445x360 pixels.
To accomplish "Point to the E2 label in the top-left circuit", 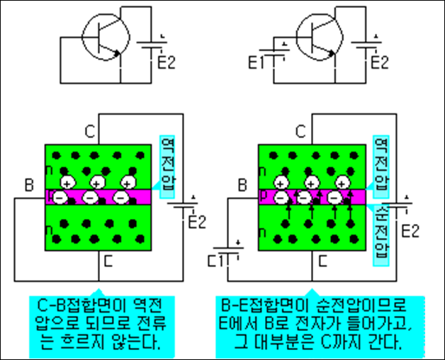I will pyautogui.click(x=165, y=62).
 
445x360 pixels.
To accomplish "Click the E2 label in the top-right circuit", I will pyautogui.click(x=381, y=62).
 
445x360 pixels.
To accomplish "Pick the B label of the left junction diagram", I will pyautogui.click(x=28, y=186).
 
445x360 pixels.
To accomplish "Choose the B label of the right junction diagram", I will pyautogui.click(x=241, y=186).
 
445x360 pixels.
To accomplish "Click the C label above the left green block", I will pyautogui.click(x=89, y=131).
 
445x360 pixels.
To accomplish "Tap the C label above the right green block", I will pyautogui.click(x=300, y=131).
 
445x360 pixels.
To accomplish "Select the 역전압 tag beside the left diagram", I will pyautogui.click(x=168, y=164).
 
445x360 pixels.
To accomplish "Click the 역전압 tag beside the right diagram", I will pyautogui.click(x=381, y=164).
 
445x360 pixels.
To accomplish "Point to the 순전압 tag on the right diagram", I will pyautogui.click(x=381, y=230).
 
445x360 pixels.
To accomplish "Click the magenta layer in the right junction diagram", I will pyautogui.click(x=312, y=196).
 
